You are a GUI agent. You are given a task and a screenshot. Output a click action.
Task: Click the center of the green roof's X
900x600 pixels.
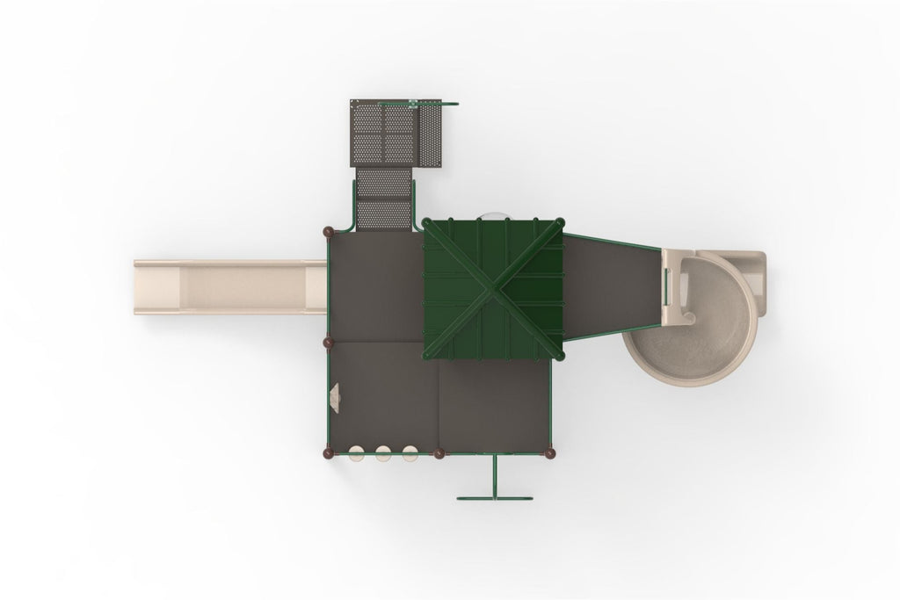(x=493, y=289)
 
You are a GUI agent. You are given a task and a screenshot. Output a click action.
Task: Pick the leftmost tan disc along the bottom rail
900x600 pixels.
(x=358, y=453)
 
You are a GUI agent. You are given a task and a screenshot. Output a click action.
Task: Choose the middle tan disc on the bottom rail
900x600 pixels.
(x=383, y=453)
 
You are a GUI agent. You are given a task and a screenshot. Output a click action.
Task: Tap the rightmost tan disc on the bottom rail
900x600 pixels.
(x=410, y=453)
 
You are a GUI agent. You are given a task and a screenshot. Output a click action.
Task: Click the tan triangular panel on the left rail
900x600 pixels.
(x=335, y=398)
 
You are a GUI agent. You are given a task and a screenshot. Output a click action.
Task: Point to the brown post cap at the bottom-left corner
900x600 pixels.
(x=329, y=453)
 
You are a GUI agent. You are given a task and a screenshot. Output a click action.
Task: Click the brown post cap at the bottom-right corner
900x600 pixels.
(x=551, y=453)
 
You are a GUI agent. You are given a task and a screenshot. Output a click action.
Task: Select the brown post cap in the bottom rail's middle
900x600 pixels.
(x=439, y=453)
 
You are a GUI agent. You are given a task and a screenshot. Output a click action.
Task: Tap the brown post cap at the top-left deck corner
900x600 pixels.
(x=328, y=229)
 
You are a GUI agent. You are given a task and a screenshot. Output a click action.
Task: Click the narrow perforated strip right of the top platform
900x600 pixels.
(x=430, y=134)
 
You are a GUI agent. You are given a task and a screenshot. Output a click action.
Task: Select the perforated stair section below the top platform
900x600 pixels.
(x=385, y=198)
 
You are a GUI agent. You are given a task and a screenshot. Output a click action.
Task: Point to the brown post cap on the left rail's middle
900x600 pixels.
(x=329, y=341)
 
